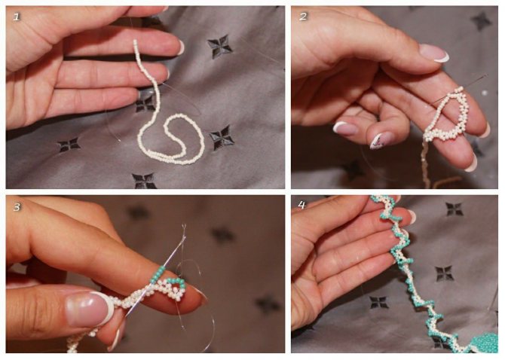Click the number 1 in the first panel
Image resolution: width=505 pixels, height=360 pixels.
tap(17, 17)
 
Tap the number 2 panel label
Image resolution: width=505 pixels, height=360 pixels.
tap(303, 17)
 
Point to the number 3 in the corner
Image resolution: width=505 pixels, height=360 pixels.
tap(17, 207)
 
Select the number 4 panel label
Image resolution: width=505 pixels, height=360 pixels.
tap(301, 205)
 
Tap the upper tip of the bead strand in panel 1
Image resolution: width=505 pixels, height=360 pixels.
tap(135, 41)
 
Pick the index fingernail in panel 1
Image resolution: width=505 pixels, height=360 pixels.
tap(181, 47)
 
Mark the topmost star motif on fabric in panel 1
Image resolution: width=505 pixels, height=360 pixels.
tap(219, 47)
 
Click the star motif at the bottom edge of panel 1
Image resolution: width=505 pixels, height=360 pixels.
tap(144, 181)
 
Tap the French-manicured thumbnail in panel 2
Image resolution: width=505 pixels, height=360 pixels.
tap(434, 53)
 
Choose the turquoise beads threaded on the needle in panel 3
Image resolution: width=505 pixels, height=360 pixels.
tap(159, 273)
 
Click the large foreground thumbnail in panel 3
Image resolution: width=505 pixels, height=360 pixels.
tap(90, 308)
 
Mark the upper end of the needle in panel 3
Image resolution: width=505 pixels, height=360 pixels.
tap(184, 226)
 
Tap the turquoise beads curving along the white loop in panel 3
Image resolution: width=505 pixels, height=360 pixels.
tap(177, 282)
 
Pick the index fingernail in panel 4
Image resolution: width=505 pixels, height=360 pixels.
tap(411, 216)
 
